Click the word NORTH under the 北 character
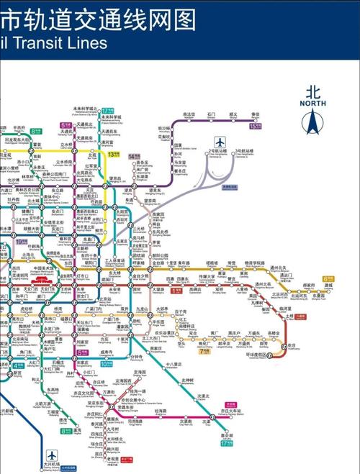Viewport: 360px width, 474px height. point(312,103)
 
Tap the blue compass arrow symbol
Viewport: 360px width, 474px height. point(313,123)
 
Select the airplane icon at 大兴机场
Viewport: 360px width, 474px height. point(52,456)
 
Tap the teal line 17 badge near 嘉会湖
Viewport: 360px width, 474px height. point(228,444)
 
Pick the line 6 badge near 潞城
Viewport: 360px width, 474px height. point(328,278)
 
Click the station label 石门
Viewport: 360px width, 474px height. point(211,114)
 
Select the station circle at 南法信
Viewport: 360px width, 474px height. point(189,119)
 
